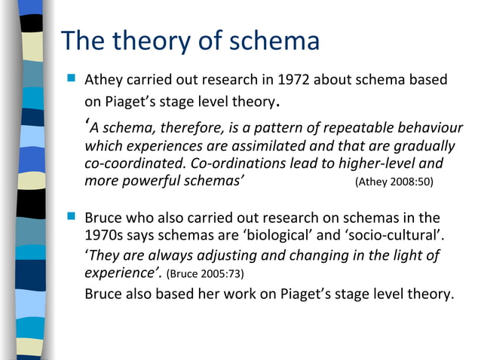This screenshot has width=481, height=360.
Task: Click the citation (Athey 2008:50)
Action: coord(394,182)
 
